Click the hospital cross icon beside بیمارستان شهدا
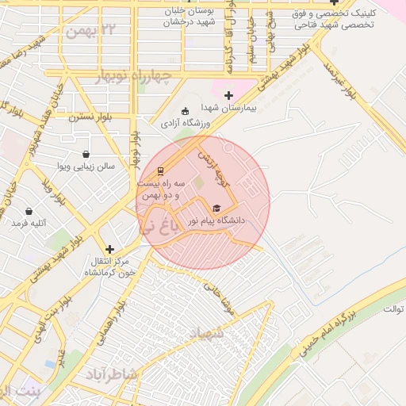[x=228, y=95]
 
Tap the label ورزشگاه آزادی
[x=186, y=123]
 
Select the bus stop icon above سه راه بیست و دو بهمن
[x=161, y=170]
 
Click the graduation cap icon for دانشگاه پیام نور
[x=216, y=208]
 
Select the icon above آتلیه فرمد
[x=29, y=212]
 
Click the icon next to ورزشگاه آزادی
[x=186, y=111]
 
